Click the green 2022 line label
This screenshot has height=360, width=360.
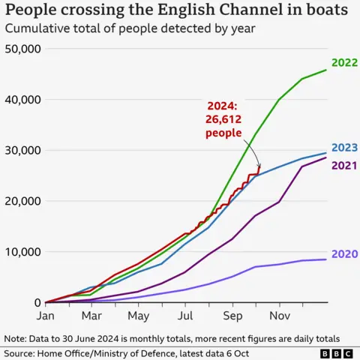pos(344,64)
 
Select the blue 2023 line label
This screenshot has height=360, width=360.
pos(344,148)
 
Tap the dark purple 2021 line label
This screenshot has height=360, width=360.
pos(344,166)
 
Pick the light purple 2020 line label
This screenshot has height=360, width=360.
pos(344,254)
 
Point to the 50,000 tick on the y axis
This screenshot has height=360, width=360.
pos(23,49)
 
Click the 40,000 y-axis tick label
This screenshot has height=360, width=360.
pos(23,100)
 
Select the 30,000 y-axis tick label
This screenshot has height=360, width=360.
pos(23,150)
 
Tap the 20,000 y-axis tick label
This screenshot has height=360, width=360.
pos(23,201)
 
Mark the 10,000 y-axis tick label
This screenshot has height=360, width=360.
pos(23,252)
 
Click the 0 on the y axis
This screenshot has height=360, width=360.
pos(37,302)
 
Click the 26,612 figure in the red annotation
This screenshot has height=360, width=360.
pos(223,120)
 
